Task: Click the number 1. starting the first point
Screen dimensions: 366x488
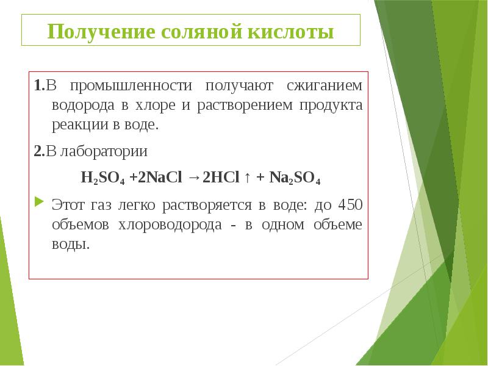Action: [x=38, y=85]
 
